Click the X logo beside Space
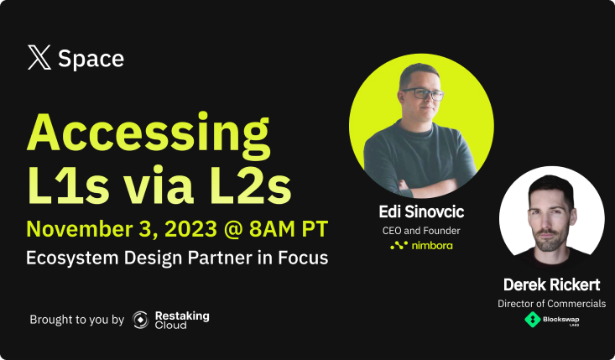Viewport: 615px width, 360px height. coord(39,57)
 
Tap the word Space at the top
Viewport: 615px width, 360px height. coord(91,59)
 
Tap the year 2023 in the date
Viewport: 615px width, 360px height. coord(191,229)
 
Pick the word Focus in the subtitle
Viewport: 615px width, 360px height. coord(303,258)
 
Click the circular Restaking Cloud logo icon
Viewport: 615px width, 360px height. coord(140,320)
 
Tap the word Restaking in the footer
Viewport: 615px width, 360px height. coord(182,316)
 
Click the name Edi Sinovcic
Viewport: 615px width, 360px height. coord(421,211)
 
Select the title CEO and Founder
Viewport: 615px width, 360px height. coord(421,231)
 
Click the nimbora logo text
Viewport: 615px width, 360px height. coord(432,246)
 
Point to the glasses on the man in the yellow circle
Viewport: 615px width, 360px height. coord(422,94)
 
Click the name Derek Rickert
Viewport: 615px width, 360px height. coord(551,284)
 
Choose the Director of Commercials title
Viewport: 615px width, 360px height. coord(551,304)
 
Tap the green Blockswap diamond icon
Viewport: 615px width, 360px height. coord(533,319)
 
